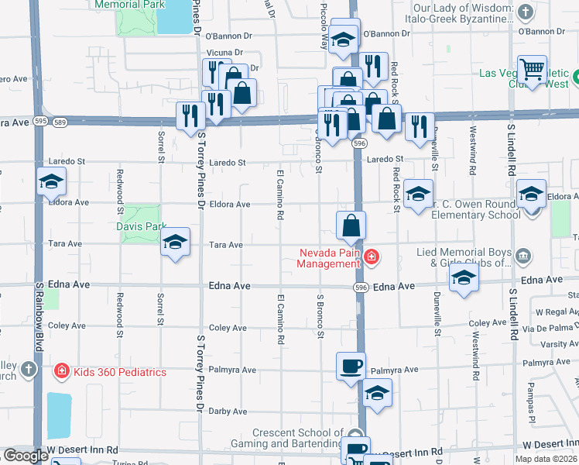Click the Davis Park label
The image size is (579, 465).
click(141, 226)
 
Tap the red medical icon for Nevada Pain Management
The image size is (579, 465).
click(371, 257)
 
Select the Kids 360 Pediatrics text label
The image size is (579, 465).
click(120, 372)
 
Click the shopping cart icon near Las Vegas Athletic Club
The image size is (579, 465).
click(532, 70)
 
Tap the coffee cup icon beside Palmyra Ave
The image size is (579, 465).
click(350, 366)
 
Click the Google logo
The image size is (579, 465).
click(25, 456)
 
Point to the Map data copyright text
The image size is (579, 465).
click(546, 459)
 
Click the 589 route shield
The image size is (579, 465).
click(60, 122)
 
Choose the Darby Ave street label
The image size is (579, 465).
click(228, 412)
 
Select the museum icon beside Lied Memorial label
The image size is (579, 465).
click(523, 256)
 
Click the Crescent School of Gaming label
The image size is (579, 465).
click(298, 438)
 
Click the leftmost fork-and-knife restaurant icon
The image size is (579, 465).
click(187, 115)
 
